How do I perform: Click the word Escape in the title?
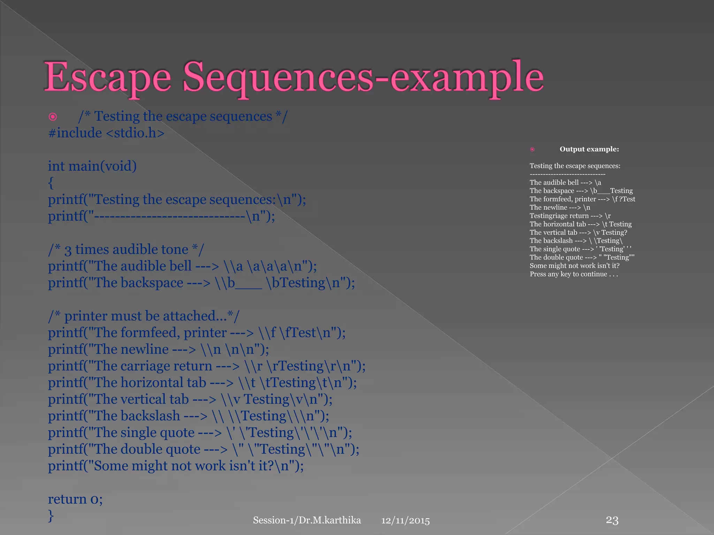[107, 77]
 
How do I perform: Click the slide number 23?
[612, 520]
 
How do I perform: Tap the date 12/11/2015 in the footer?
[405, 520]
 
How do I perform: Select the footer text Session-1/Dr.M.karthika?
[307, 520]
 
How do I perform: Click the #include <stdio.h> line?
[106, 133]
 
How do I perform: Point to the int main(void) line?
[92, 166]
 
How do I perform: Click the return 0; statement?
[75, 499]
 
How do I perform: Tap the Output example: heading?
[589, 149]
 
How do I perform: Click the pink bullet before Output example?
[532, 149]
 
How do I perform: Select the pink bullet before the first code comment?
[53, 117]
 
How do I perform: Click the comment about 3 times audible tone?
[126, 250]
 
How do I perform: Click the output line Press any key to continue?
[574, 274]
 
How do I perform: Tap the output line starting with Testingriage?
[570, 216]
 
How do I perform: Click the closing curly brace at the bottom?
[51, 515]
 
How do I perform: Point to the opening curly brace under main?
[51, 183]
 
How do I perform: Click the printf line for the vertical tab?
[190, 400]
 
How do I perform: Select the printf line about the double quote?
[203, 449]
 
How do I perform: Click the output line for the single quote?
[580, 249]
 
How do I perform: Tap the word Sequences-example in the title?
[363, 77]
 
